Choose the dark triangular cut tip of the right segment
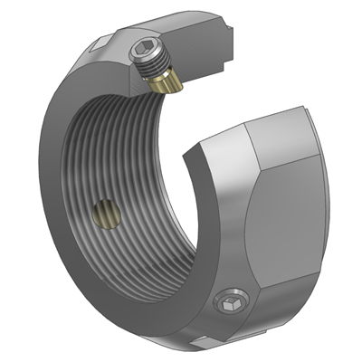click(x=192, y=158)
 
